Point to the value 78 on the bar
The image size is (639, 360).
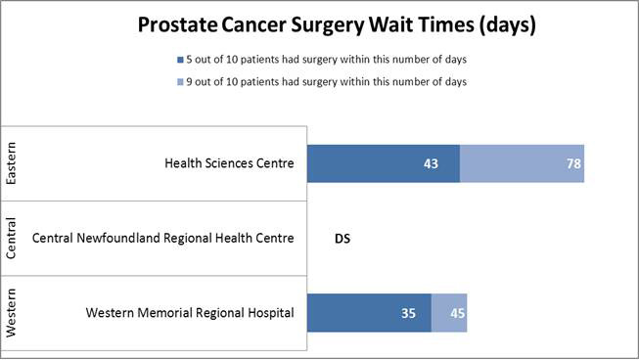573,163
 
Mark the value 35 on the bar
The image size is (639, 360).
410,314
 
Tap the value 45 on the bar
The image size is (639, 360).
457,314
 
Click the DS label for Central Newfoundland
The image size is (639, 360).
342,238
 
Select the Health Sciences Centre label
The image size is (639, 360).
229,163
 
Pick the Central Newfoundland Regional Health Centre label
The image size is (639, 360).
163,238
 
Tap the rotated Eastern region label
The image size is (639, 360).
12,163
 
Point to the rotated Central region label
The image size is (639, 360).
12,239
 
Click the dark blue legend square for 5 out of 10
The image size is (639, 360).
181,59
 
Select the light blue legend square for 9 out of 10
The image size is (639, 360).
181,82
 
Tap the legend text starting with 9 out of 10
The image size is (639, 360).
327,82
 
